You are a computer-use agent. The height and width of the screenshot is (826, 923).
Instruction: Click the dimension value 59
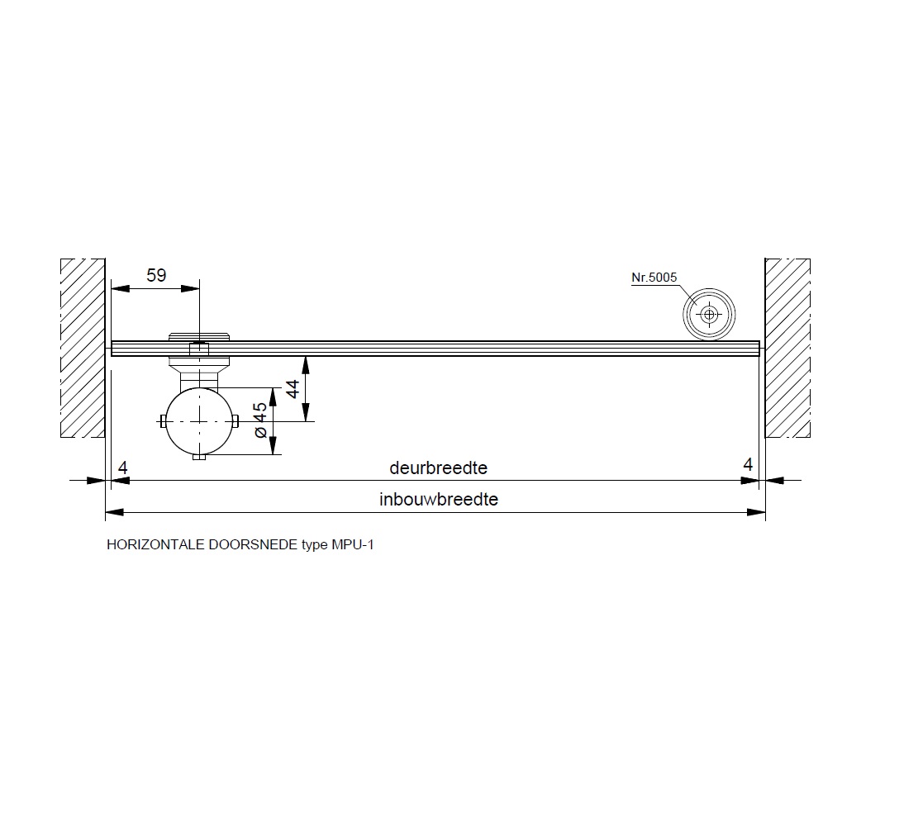[156, 275]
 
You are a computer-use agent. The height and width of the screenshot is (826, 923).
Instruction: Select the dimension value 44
[292, 389]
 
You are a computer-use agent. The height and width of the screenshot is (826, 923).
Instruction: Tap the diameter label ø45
[260, 420]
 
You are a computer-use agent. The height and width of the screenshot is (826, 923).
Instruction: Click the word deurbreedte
[439, 468]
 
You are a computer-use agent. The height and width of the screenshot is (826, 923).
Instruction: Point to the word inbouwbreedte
[439, 500]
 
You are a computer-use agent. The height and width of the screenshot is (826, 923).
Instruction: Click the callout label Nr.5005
[654, 277]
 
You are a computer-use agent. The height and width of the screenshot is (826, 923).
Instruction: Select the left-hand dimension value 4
[122, 468]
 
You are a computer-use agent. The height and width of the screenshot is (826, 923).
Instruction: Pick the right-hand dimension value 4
[748, 465]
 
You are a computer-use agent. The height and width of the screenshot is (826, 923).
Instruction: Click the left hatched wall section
[83, 348]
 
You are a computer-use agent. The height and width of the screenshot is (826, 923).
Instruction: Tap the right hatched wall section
[787, 348]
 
